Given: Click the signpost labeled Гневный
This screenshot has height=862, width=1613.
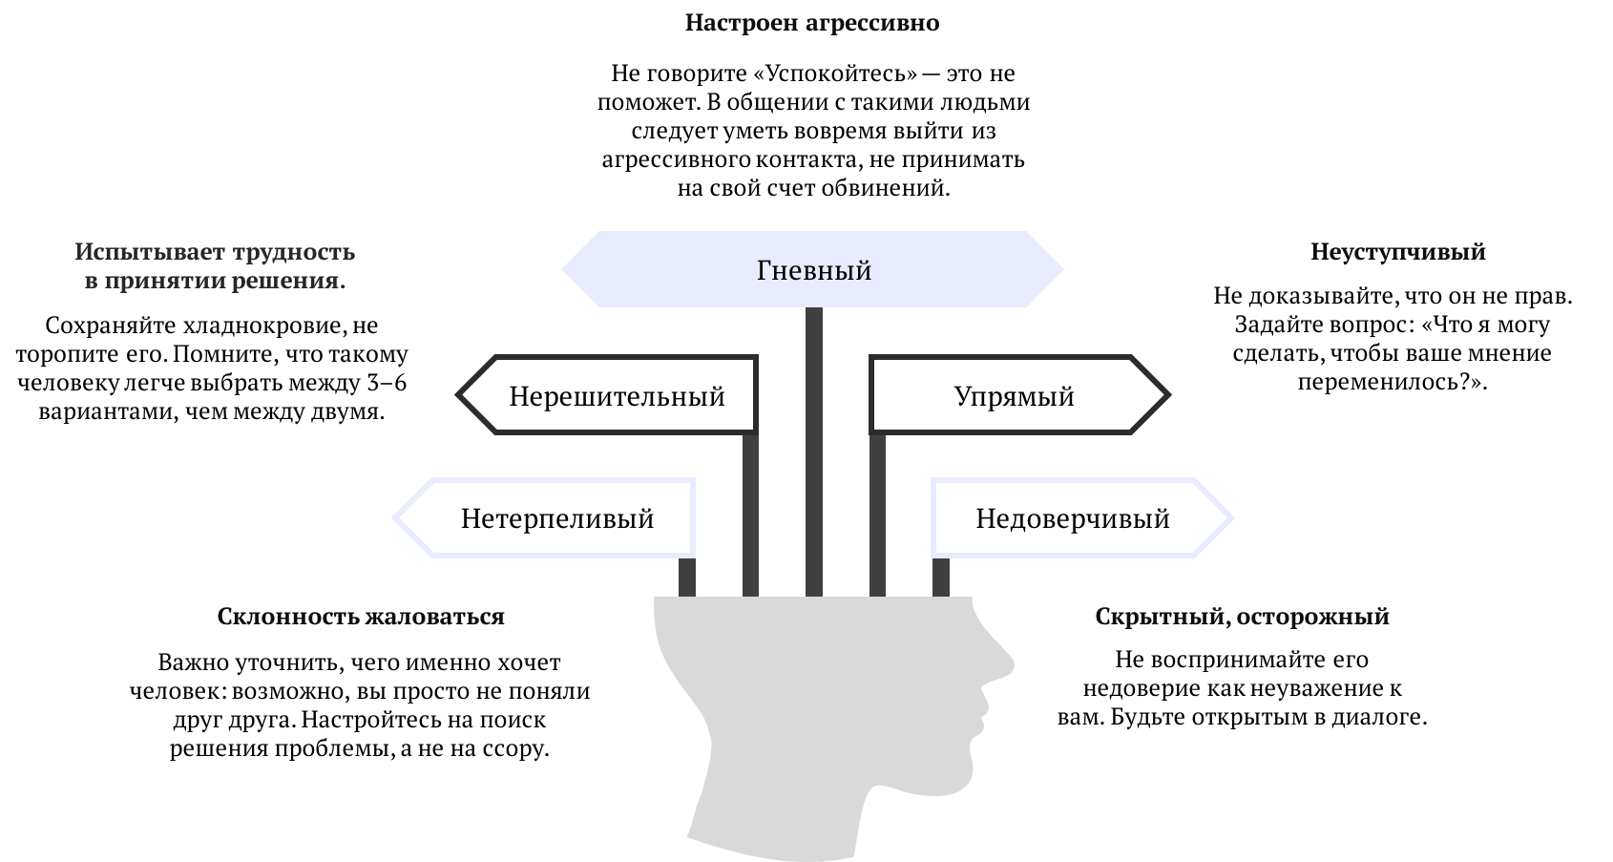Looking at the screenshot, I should pos(812,270).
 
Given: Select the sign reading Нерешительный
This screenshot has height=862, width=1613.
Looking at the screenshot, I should pos(616,395).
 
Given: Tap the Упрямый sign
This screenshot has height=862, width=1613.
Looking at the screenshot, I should pos(1014,395).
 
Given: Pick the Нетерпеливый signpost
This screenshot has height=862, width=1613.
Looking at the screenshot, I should pos(556,518).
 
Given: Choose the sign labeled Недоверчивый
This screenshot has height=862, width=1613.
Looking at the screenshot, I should pos(1072,518).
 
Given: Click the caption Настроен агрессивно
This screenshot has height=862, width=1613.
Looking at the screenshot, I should pos(811,23).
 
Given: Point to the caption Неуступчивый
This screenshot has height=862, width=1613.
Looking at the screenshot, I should pos(1397,252).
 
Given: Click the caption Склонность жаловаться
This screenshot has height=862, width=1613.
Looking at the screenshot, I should pos(360,617).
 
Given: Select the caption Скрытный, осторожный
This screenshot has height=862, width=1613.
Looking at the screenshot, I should pos(1241,617).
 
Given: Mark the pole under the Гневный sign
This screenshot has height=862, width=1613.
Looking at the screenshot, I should pos(813,449).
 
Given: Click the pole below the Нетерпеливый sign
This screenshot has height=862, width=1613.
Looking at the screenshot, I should pos(686,577).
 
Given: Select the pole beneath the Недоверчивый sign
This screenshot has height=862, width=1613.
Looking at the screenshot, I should pos(940,577).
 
